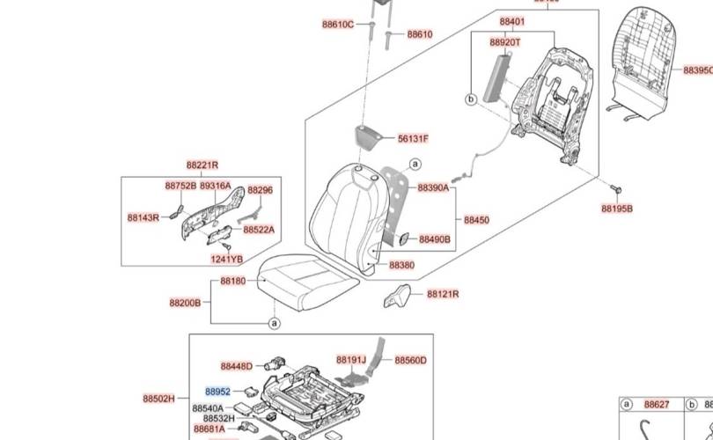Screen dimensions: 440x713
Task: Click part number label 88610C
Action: coord(337,25)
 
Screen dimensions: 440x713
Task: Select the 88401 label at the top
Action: coord(511,22)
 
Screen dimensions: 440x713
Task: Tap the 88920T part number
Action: coord(505,42)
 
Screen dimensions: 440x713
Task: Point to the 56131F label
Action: coord(413,139)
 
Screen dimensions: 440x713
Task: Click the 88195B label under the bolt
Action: coord(617,209)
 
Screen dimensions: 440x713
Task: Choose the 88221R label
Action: coord(202,165)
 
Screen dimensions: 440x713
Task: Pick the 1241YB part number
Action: coord(226,259)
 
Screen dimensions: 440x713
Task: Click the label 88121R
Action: coord(444,294)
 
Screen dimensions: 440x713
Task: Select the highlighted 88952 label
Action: coord(218,392)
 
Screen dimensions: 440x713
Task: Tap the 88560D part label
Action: coord(410,360)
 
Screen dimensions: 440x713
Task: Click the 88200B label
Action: coord(185,302)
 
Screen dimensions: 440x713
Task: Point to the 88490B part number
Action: coord(434,239)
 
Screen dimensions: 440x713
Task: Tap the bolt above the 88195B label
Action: coord(615,189)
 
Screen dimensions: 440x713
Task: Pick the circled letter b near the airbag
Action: coord(470,101)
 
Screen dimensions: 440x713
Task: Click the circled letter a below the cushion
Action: coord(274,324)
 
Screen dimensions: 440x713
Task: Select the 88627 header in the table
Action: coord(657,405)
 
